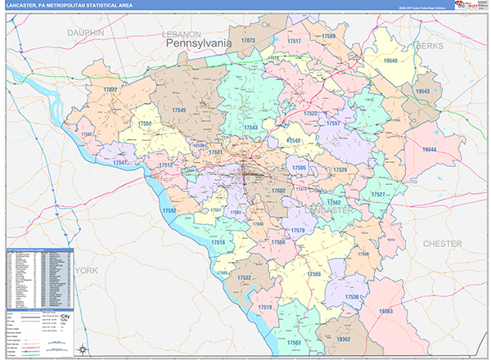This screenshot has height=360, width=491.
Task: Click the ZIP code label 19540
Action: click(390, 61)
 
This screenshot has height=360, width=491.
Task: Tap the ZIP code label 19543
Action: click(422, 92)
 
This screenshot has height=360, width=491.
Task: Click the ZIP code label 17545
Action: click(178, 110)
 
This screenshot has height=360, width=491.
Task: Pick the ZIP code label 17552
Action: click(145, 123)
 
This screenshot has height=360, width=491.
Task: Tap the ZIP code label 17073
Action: click(249, 40)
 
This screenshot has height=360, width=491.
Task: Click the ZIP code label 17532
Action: click(244, 278)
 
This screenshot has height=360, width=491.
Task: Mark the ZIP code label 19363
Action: click(385, 311)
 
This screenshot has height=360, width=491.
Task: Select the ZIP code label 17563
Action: click(293, 342)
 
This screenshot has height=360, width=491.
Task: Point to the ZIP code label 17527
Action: click(377, 195)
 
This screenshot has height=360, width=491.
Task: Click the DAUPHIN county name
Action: click(86, 32)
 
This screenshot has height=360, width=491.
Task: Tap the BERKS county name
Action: click(428, 46)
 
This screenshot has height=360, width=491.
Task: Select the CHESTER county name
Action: click(442, 244)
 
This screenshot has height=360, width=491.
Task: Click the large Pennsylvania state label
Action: click(200, 42)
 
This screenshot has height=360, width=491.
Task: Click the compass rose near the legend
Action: click(83, 349)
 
